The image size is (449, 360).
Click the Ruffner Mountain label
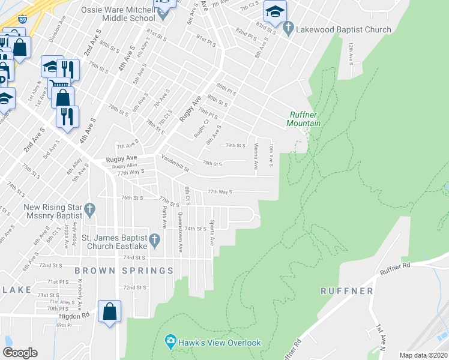pos(304,119)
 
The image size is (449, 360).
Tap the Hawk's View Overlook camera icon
pos(170,343)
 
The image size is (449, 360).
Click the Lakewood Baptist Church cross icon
pos(288,28)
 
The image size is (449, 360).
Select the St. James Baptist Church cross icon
pos(154,241)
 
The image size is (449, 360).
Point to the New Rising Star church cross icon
pos(89,209)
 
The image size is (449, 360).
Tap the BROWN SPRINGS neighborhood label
pos(124,271)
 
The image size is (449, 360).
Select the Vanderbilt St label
pos(175,161)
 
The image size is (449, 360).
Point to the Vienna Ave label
pos(256,155)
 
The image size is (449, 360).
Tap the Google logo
pos(20,353)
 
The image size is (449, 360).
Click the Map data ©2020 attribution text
pos(423,355)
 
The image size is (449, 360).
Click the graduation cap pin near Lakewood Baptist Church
pos(275,11)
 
